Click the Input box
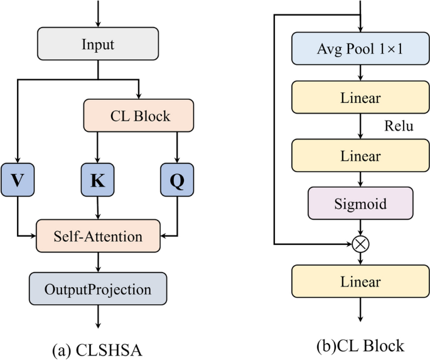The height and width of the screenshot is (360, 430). tap(98, 44)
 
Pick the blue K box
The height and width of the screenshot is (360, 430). tap(98, 180)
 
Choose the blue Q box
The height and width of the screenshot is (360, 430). tap(176, 180)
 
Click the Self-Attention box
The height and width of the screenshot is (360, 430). tap(98, 236)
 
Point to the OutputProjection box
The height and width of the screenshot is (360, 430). tap(98, 290)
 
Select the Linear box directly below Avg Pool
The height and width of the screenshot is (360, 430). tap(360, 99)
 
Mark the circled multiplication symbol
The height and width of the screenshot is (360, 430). tap(360, 244)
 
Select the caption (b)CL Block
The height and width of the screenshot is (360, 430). tap(360, 344)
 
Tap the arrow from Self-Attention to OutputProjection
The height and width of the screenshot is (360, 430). tap(98, 261)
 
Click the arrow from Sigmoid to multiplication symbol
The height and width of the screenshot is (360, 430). tap(360, 227)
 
